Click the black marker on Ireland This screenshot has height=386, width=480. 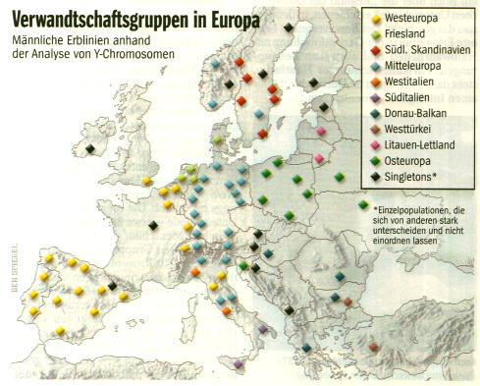point(89,148)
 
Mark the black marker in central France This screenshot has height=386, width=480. point(152,226)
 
